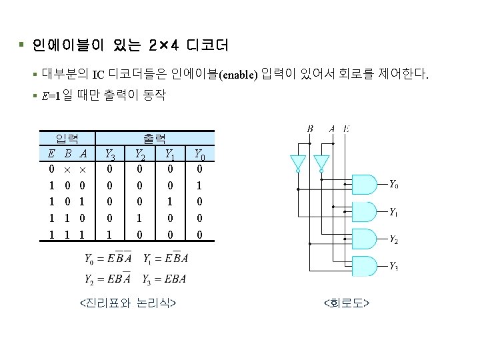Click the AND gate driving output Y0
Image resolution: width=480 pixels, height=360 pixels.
coord(365,184)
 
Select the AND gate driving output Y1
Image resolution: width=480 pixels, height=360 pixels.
coord(365,211)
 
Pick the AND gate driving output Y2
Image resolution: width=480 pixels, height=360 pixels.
coord(365,239)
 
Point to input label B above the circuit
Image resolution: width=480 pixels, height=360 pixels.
coord(310,129)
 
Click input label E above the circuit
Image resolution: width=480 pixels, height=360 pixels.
coord(346,129)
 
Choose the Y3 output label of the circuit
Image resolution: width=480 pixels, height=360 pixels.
coord(394,267)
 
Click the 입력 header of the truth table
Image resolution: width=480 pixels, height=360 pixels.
coord(67,139)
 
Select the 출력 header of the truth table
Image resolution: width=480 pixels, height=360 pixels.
coord(155,139)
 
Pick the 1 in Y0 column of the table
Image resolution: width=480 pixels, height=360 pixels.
coord(199,185)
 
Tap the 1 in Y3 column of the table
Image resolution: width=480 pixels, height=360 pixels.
coord(109,235)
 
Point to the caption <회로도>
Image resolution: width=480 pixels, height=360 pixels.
coord(346,304)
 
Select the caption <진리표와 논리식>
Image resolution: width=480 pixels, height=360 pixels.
coord(127,303)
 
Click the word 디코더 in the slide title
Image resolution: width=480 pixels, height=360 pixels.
coord(207,45)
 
